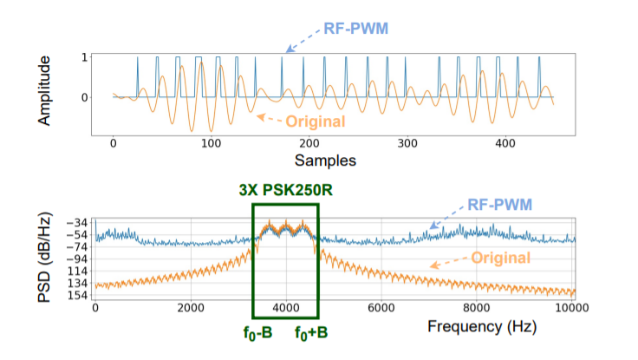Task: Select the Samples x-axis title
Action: (x=323, y=160)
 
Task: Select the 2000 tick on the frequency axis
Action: (x=189, y=310)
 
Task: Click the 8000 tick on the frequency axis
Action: (x=474, y=310)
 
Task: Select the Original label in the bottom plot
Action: (x=501, y=258)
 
